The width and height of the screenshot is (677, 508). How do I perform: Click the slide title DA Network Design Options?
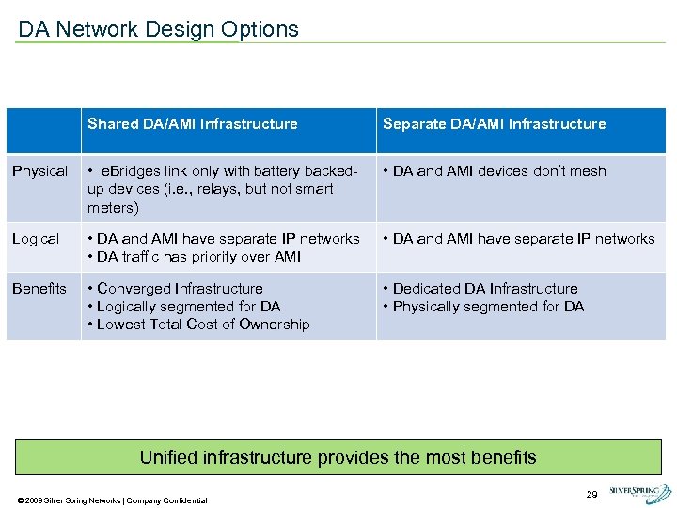pos(158,29)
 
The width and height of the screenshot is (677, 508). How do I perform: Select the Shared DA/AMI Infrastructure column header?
pos(192,124)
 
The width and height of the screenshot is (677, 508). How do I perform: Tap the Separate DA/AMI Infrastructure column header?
pos(494,124)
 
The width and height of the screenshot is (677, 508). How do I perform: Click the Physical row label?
pos(39,171)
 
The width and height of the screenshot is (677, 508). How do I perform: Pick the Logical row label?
pos(36,239)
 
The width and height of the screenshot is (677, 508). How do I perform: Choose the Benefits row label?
pos(39,289)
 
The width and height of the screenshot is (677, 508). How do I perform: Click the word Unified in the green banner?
pos(170,458)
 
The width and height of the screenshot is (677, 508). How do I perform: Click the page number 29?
pos(591,494)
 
